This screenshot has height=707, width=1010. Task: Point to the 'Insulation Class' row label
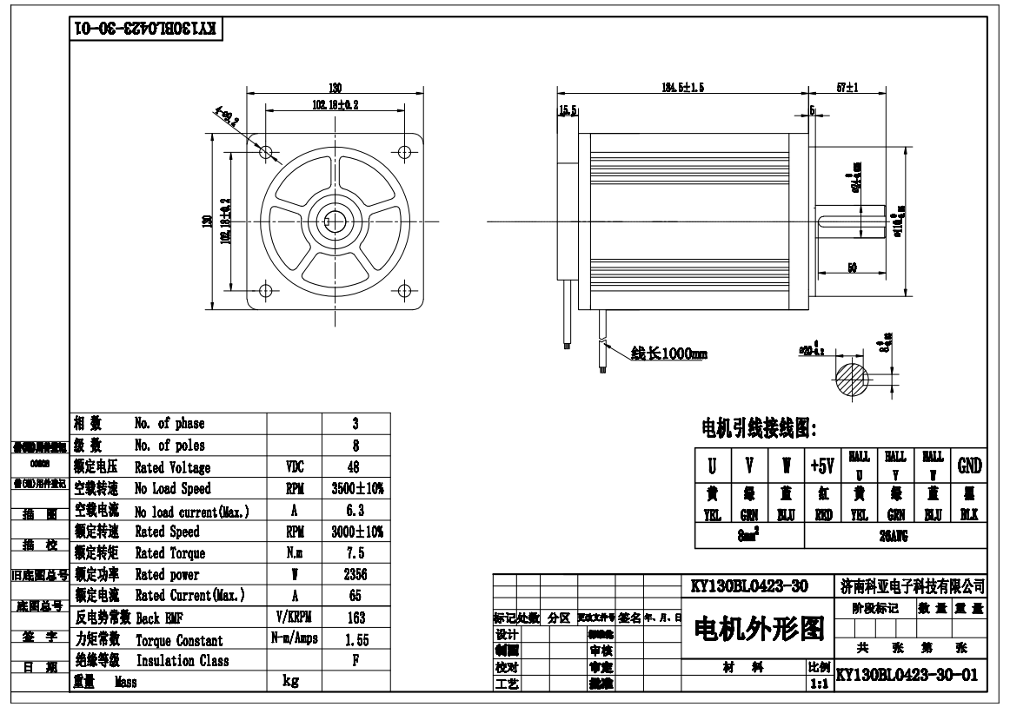point(182,661)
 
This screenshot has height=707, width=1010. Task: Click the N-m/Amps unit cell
point(292,639)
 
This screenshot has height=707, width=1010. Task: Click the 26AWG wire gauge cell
point(895,537)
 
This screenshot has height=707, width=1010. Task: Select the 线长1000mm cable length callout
point(667,354)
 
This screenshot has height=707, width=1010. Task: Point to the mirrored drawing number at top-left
point(145,28)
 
